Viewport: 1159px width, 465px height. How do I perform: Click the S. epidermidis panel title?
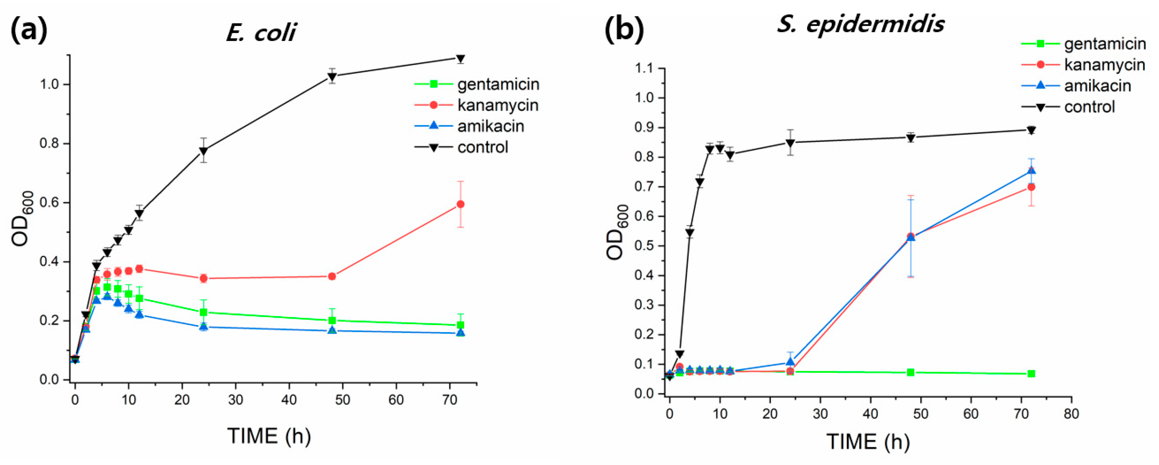(x=860, y=23)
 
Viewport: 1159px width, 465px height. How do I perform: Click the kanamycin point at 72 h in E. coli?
(x=460, y=204)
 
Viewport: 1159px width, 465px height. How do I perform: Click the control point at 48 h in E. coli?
(x=332, y=76)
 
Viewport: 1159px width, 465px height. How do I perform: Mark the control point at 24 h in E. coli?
(x=203, y=151)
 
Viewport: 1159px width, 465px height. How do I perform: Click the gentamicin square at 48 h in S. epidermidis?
(x=911, y=372)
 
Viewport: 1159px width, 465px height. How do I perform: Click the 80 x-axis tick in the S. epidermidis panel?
(x=1071, y=414)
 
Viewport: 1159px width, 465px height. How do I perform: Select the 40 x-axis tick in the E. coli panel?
(x=289, y=400)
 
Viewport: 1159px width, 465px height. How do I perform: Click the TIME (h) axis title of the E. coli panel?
(x=269, y=436)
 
